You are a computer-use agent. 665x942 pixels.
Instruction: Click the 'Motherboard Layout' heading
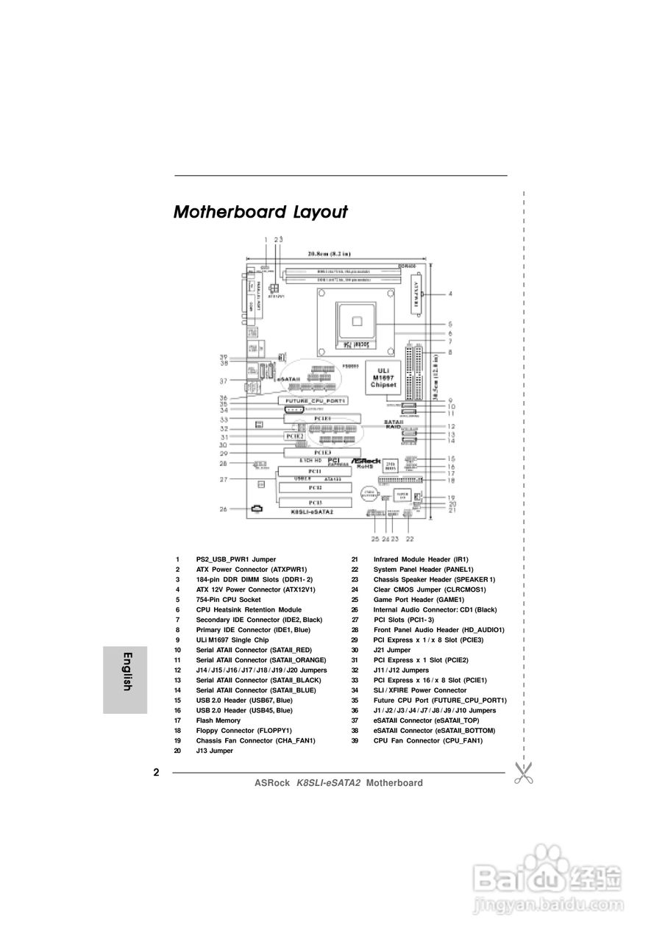coord(260,213)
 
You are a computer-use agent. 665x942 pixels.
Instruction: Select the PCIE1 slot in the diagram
coord(322,419)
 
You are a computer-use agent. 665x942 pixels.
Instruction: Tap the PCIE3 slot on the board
coord(322,452)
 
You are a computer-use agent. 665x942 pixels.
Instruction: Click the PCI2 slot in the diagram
coord(314,487)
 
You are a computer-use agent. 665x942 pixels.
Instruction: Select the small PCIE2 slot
coord(294,436)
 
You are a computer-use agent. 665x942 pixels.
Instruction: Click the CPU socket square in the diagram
coord(357,319)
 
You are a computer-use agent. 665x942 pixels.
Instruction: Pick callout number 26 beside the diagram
coord(223,509)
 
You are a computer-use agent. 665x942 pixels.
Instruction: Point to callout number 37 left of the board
coord(223,381)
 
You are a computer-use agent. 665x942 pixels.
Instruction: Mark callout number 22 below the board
coord(410,539)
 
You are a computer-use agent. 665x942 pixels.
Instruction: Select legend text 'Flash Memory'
coord(218,720)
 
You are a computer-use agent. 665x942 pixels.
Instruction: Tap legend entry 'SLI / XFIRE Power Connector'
coord(419,690)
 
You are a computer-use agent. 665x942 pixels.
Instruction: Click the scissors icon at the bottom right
coord(523,773)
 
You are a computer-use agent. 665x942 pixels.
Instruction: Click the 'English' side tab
coord(126,671)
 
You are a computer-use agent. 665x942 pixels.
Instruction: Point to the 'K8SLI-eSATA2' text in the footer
coord(328,783)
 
